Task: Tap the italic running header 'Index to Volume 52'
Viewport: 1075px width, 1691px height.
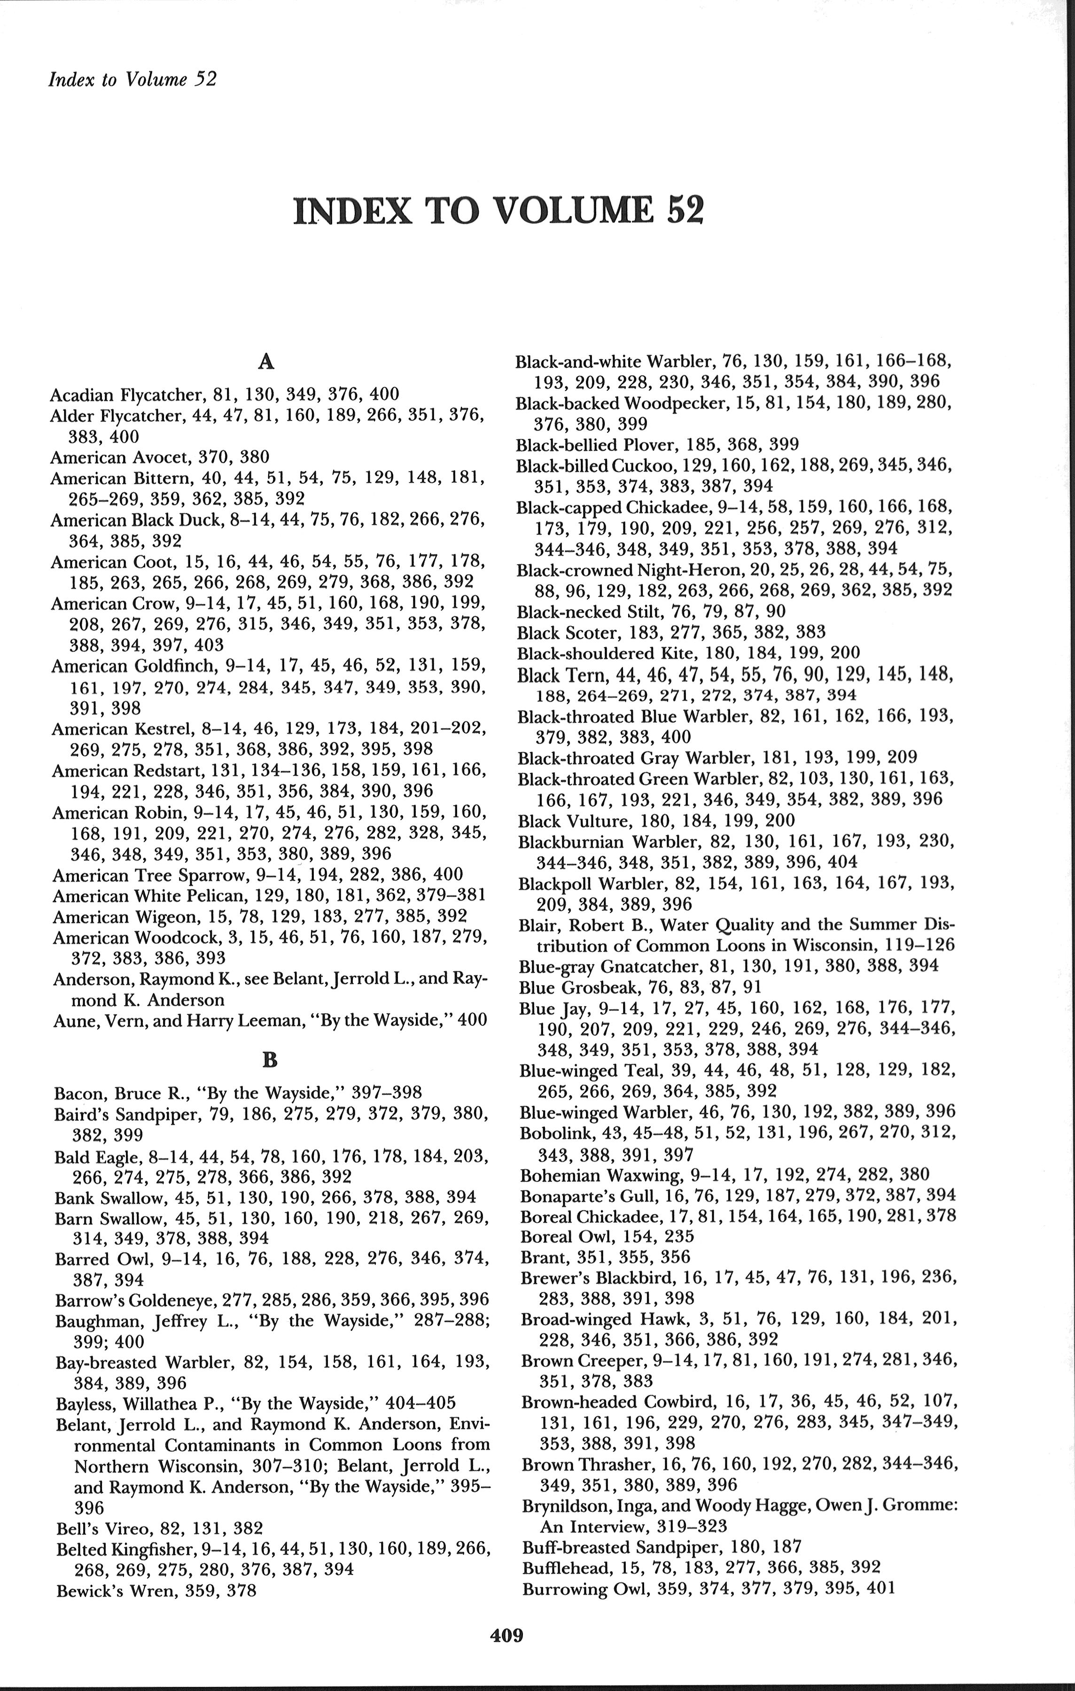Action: (132, 79)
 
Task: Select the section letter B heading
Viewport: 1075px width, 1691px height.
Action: (269, 1060)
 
